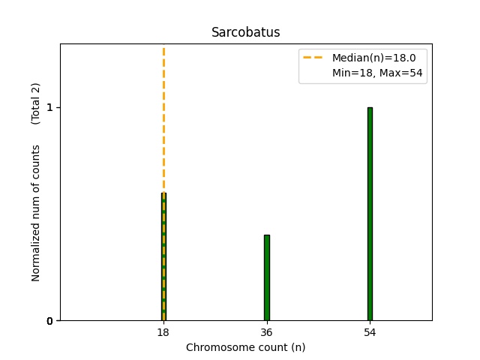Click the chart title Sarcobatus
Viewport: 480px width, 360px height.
245,32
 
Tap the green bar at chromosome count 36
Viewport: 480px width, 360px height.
266,277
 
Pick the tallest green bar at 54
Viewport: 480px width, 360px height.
370,214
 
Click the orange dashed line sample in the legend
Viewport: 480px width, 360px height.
312,57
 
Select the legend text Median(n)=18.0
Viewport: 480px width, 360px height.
368,57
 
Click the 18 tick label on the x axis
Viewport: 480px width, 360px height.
163,332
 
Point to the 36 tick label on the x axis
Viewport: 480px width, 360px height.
266,332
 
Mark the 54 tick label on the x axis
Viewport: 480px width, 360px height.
370,332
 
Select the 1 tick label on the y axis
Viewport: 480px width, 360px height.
49,108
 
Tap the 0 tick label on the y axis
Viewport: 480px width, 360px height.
49,321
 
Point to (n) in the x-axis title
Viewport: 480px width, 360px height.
296,347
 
